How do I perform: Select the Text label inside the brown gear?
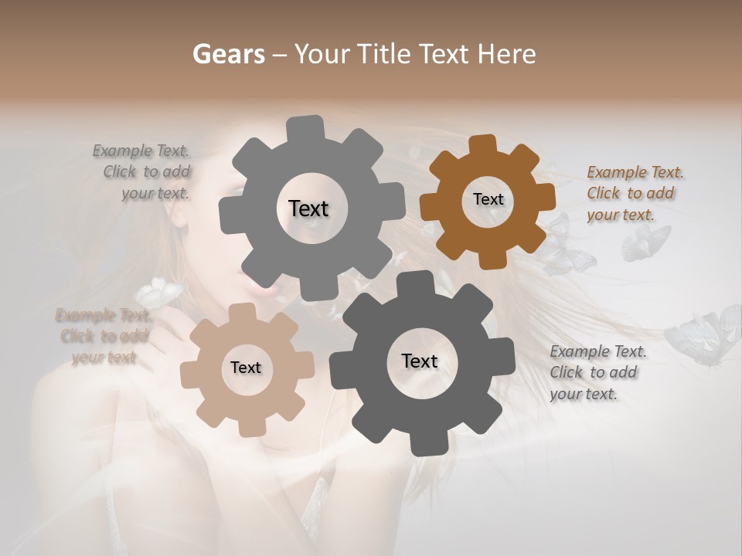488,199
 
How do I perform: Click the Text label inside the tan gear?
246,368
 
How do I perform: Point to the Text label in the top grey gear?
308,208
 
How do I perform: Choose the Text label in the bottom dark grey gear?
420,361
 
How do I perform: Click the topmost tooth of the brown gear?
483,144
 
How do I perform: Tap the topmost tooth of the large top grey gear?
305,128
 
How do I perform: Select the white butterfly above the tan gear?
159,291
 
